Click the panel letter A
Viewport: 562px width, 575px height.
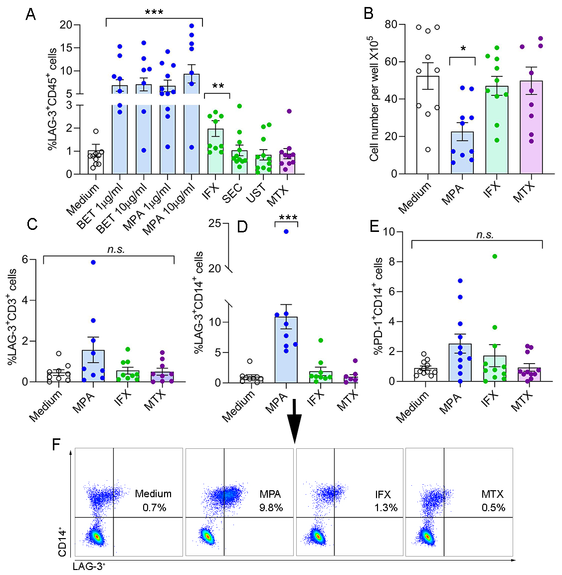tap(31, 14)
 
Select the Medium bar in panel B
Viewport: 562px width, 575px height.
tap(427, 125)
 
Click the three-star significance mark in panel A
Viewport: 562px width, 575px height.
tap(154, 12)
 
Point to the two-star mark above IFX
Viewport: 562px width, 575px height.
tap(218, 86)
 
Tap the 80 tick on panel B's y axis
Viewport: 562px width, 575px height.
tap(391, 24)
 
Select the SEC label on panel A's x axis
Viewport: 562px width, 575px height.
tap(232, 192)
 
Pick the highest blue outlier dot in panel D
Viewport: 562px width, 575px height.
tap(286, 231)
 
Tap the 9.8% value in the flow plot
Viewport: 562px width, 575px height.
tap(271, 508)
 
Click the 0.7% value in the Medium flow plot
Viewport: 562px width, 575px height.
tap(155, 508)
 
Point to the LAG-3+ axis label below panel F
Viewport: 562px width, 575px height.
tap(89, 566)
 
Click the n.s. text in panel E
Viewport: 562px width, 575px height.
tap(485, 234)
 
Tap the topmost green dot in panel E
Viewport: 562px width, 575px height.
tap(494, 256)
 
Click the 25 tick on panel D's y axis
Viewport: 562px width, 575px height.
tap(215, 223)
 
